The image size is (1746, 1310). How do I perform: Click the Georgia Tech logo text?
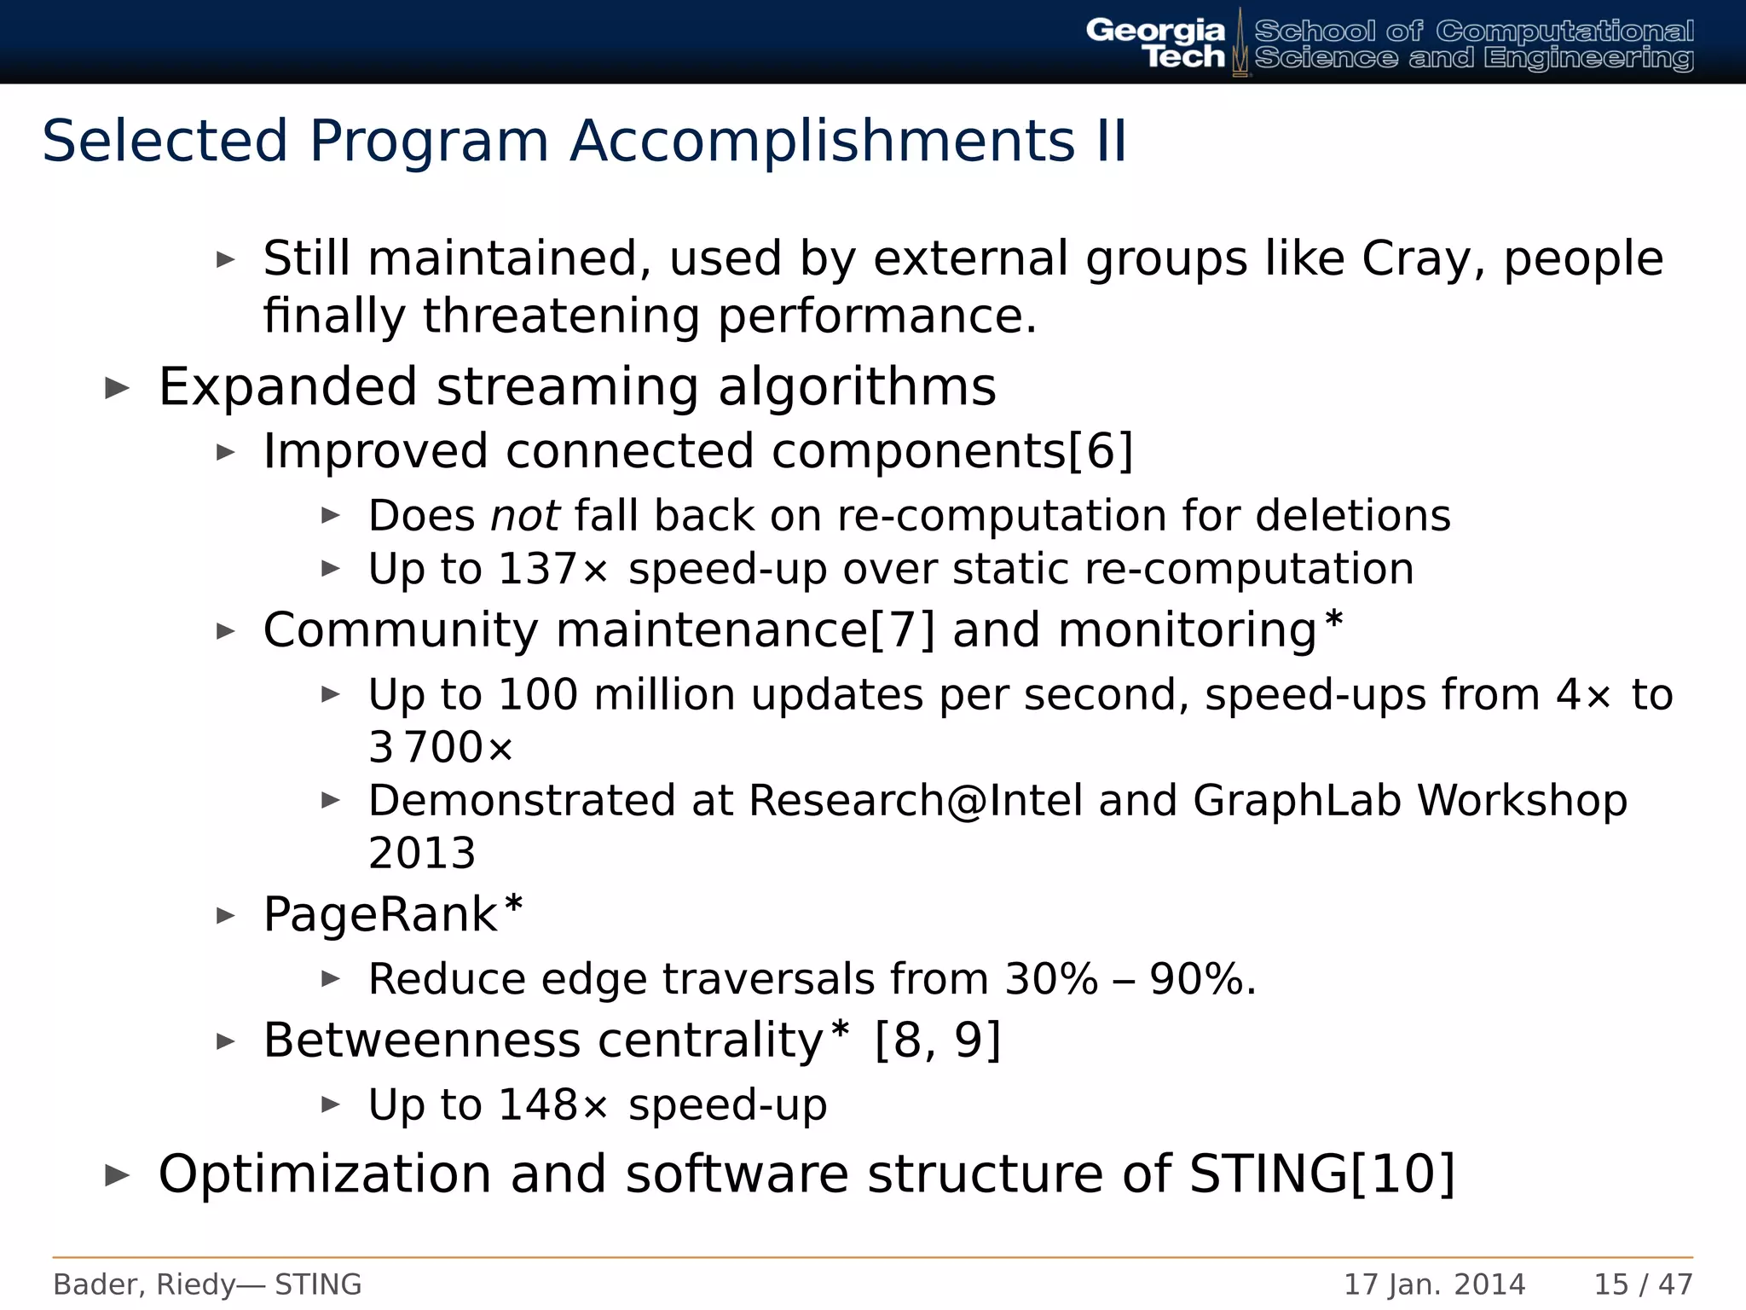[x=1155, y=43]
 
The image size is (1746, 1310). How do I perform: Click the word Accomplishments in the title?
[x=822, y=141]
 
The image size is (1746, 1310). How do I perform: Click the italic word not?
[x=524, y=516]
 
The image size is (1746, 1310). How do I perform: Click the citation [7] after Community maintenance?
[x=902, y=630]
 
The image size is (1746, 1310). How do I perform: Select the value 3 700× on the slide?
[x=441, y=747]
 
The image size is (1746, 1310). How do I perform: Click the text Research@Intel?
[x=916, y=801]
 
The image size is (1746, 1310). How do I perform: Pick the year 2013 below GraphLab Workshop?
[x=422, y=853]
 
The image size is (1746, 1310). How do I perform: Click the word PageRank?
[x=380, y=914]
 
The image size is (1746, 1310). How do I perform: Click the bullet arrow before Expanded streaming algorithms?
[x=117, y=388]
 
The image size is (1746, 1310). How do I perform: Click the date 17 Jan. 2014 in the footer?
[x=1434, y=1284]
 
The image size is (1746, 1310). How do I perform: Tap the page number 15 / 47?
[x=1643, y=1284]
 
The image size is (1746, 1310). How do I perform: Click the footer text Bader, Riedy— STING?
[x=207, y=1284]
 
